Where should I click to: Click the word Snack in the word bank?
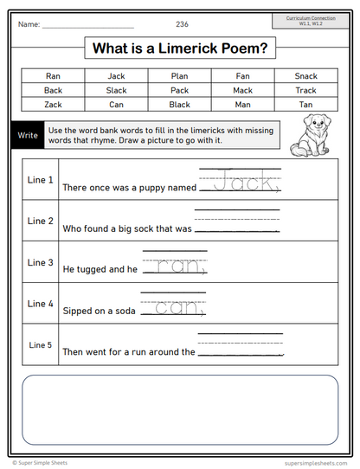click(x=305, y=75)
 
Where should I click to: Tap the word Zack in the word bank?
click(x=54, y=104)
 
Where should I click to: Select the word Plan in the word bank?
click(x=180, y=75)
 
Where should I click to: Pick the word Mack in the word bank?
click(x=242, y=90)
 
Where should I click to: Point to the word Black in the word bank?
click(x=180, y=104)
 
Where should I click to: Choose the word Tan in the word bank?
click(x=305, y=104)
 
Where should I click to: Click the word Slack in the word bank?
click(x=116, y=90)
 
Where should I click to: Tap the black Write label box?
click(x=28, y=136)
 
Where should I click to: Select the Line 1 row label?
click(x=41, y=180)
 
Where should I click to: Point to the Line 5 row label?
click(x=41, y=344)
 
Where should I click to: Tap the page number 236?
click(x=182, y=23)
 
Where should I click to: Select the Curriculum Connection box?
click(x=311, y=20)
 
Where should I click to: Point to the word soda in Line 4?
click(x=122, y=311)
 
